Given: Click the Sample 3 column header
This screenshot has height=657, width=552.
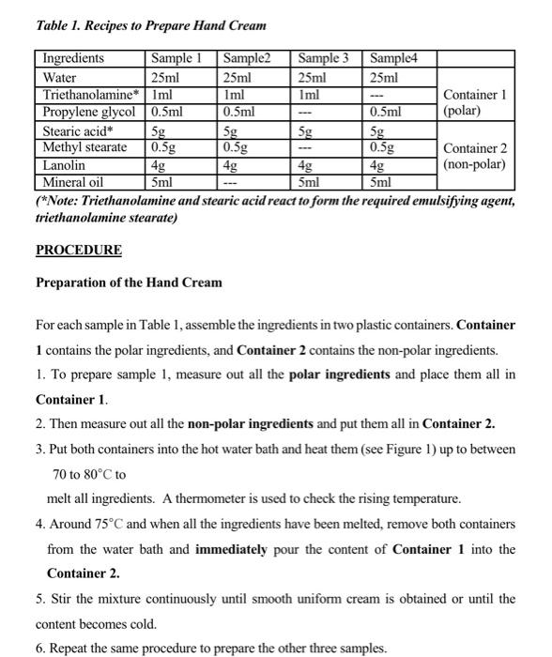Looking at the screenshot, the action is (322, 59).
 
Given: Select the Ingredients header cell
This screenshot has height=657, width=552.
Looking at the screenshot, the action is (74, 59).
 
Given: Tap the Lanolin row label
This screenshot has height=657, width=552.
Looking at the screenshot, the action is (65, 165).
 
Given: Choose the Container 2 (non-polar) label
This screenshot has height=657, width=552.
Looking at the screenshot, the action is (475, 156).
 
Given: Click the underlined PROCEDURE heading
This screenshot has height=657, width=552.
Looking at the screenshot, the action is (79, 251).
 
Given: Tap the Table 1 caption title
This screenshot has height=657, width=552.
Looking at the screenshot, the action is (150, 25).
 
